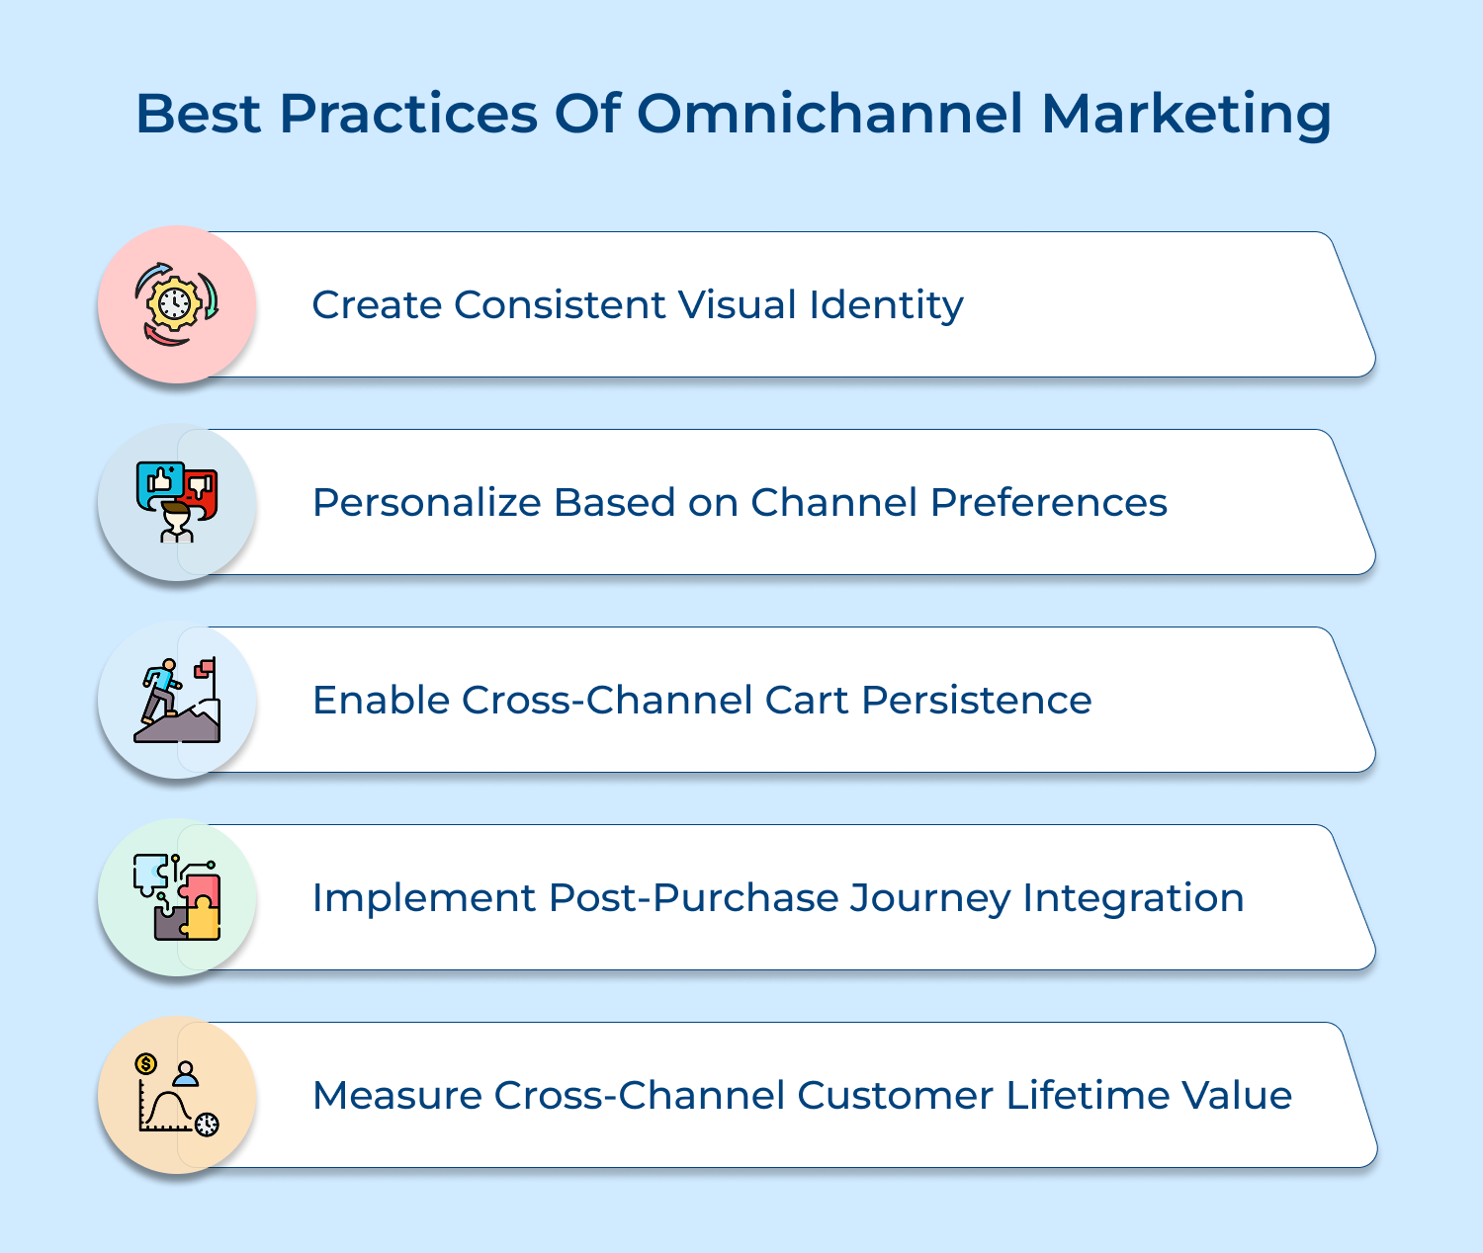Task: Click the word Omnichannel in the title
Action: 829,114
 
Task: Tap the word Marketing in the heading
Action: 1186,115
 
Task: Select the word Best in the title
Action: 198,114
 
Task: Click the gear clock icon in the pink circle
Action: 175,304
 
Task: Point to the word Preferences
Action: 1048,502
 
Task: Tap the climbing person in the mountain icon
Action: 161,690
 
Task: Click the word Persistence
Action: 977,700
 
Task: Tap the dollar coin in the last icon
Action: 145,1063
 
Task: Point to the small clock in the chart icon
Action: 207,1125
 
